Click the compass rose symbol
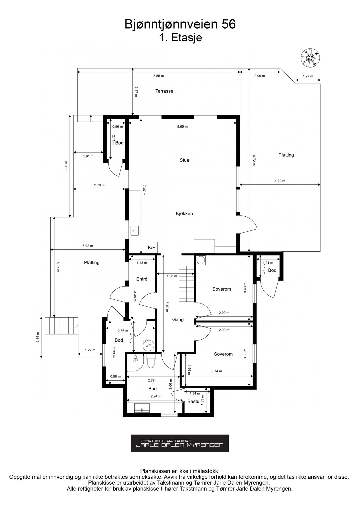(311, 58)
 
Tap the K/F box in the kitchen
(152, 248)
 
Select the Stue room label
(184, 160)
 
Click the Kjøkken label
(184, 213)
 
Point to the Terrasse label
(164, 91)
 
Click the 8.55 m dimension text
(159, 76)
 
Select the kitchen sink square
(134, 230)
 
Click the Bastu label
(193, 402)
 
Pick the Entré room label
(142, 279)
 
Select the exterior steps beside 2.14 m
(61, 326)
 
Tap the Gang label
(178, 320)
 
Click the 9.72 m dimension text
(254, 160)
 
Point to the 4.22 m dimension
(280, 181)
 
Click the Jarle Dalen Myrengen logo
(180, 443)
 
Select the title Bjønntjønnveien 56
(180, 25)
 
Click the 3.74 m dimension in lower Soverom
(217, 371)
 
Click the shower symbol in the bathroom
(136, 359)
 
